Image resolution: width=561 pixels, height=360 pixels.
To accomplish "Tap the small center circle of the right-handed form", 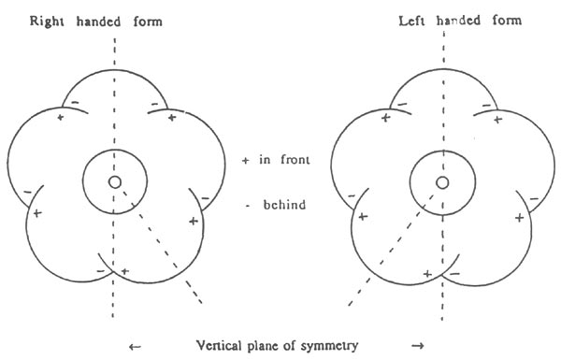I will (114, 181).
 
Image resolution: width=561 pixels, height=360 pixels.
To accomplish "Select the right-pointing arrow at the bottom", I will (417, 347).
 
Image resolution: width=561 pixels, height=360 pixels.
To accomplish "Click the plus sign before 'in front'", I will (245, 161).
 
